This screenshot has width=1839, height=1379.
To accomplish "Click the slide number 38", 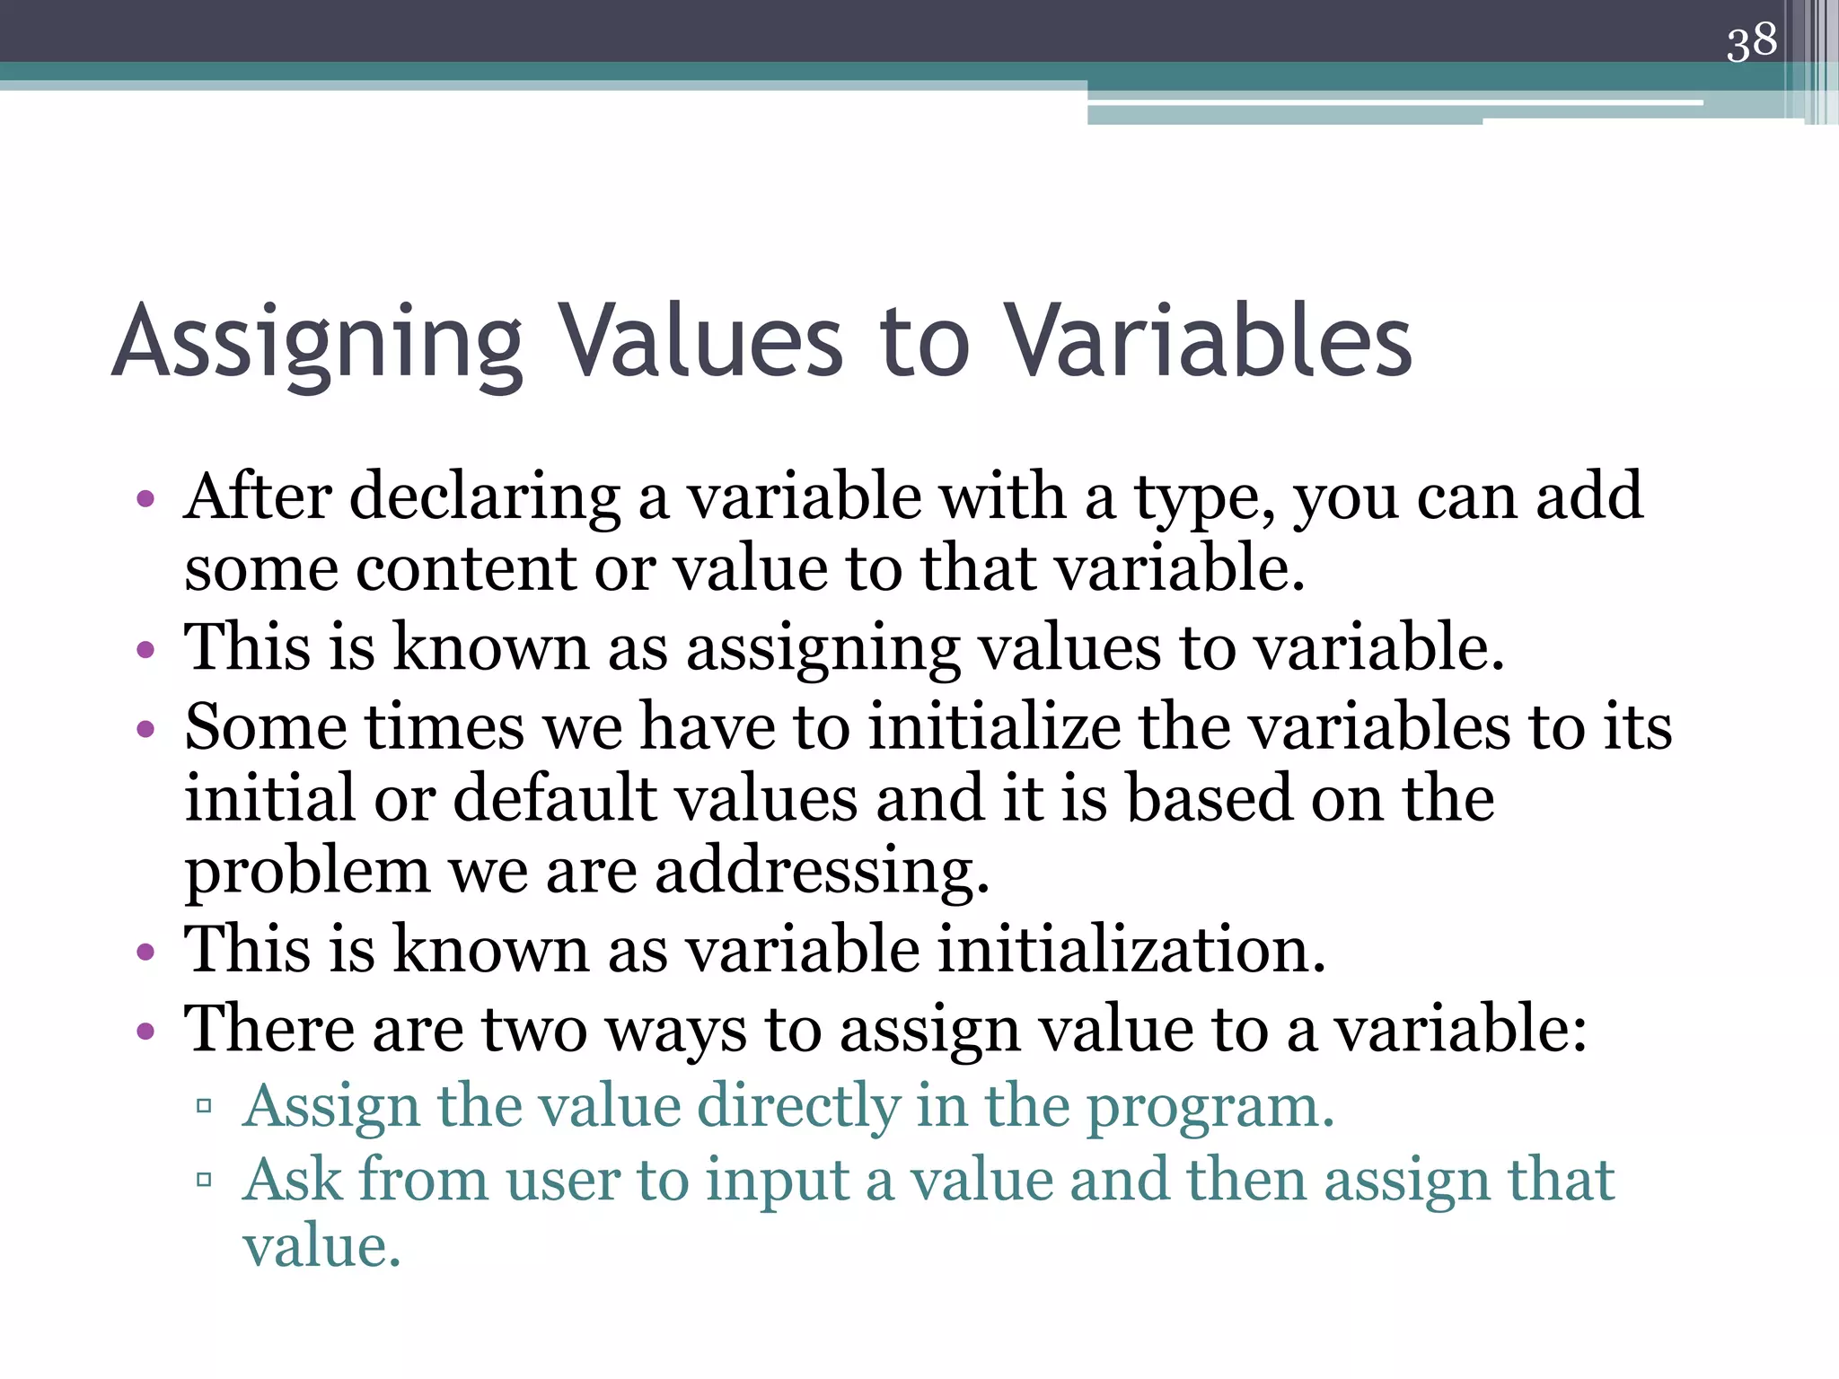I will coord(1751,42).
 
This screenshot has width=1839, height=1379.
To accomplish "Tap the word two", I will coord(535,1030).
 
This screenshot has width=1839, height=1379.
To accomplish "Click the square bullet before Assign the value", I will coord(204,1105).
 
